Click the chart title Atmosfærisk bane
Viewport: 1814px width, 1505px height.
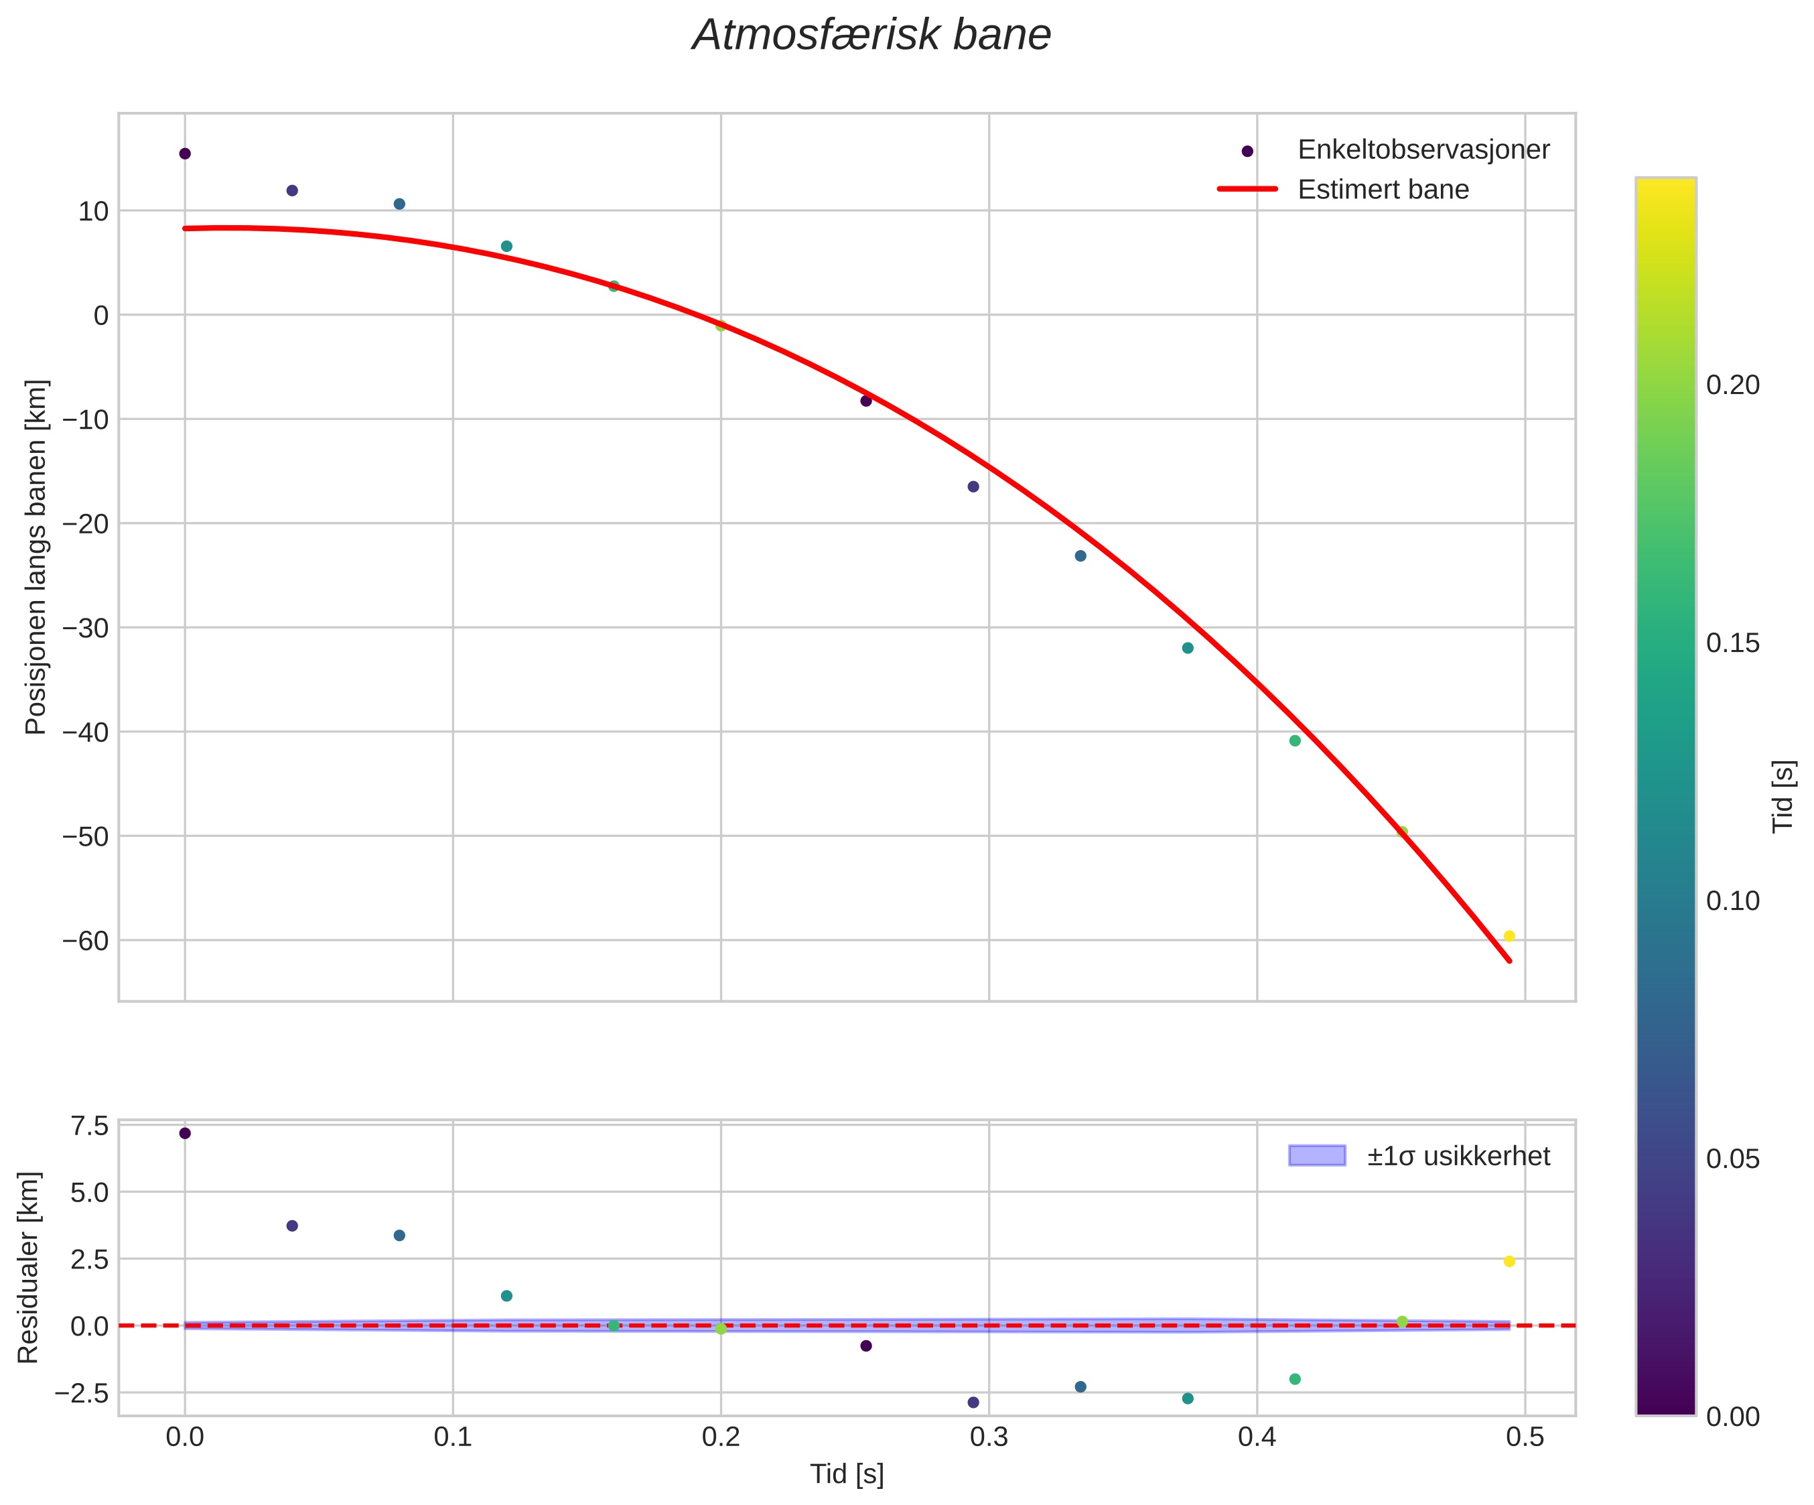point(871,36)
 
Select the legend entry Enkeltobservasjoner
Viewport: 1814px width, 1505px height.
point(1423,150)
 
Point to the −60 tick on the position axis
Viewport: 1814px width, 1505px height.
point(86,941)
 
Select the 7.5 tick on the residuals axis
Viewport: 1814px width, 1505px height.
point(90,1126)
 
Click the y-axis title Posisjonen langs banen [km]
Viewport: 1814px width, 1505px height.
point(36,558)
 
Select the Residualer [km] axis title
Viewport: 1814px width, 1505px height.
point(29,1268)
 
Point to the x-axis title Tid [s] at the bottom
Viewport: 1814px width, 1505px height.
point(847,1475)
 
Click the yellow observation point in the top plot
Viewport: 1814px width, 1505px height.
point(1509,937)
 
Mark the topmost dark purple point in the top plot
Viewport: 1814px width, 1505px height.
point(185,153)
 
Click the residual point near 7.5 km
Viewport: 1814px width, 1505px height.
point(185,1134)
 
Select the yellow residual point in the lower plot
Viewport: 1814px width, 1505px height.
point(1509,1261)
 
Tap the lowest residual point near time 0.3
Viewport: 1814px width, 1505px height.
point(973,1402)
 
